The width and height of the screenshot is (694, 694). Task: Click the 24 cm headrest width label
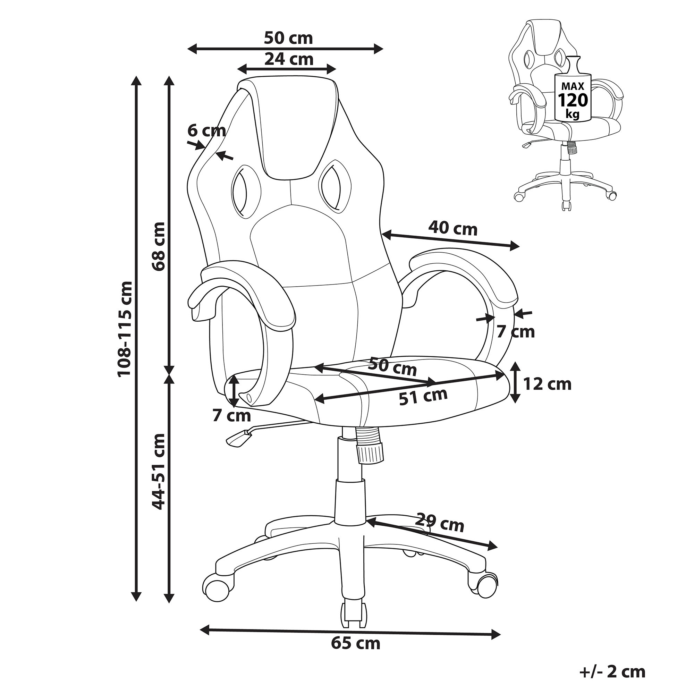[289, 59]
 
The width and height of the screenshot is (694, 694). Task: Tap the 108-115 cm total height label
[125, 329]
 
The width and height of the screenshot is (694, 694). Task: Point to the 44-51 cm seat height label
[159, 472]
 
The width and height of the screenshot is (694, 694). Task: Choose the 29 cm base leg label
[440, 523]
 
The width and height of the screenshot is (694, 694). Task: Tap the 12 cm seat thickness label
[547, 384]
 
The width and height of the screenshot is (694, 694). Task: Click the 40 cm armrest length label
[453, 228]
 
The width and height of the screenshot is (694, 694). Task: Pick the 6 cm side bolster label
[206, 130]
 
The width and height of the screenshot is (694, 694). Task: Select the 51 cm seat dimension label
[423, 397]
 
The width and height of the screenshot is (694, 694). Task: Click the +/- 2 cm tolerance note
[612, 671]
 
